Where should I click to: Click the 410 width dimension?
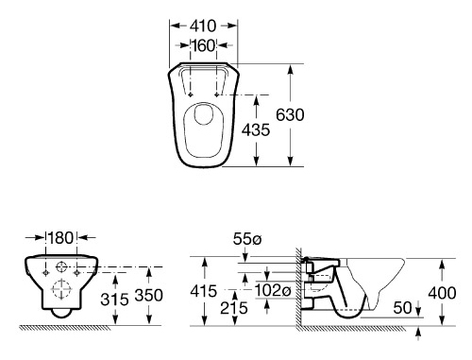pyautogui.click(x=203, y=26)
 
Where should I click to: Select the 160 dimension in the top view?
pyautogui.click(x=204, y=45)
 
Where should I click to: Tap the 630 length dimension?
pyautogui.click(x=290, y=114)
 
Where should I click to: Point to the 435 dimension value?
pyautogui.click(x=256, y=129)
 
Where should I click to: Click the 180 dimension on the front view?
pyautogui.click(x=61, y=238)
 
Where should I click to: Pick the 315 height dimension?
pyautogui.click(x=114, y=300)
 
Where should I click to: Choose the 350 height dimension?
pyautogui.click(x=148, y=296)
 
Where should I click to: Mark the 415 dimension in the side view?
pyautogui.click(x=204, y=291)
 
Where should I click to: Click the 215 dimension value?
pyautogui.click(x=234, y=308)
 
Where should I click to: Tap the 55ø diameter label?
pyautogui.click(x=247, y=239)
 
